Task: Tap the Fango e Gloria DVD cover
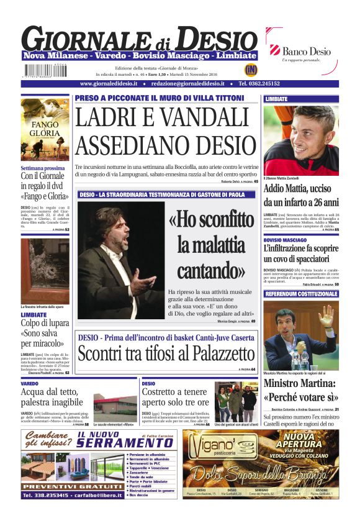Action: tap(45, 129)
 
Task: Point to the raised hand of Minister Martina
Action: tap(326, 315)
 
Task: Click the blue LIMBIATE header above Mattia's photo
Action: tap(300, 99)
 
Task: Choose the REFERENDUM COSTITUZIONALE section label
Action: tap(300, 293)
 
